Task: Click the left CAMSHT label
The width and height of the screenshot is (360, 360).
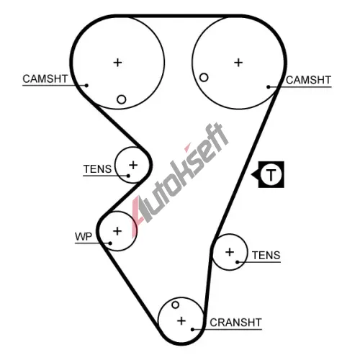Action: tap(45, 78)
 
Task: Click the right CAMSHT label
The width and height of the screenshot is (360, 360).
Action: tap(308, 80)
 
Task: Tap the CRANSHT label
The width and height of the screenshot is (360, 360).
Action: tap(235, 323)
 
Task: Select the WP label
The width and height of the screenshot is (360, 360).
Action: tap(84, 237)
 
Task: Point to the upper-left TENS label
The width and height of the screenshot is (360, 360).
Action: tap(97, 169)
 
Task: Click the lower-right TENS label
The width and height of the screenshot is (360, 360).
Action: tap(266, 255)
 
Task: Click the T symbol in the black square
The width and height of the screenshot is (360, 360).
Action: tap(271, 174)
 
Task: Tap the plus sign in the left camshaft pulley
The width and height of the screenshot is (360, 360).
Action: tap(117, 63)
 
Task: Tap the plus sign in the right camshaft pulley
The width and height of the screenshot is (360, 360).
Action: tap(238, 63)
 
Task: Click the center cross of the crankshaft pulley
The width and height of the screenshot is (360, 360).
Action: tap(181, 321)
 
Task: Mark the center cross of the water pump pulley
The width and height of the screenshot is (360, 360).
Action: tap(117, 231)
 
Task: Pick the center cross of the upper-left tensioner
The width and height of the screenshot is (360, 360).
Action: tap(133, 165)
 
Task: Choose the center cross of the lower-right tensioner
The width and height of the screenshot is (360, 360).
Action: tap(230, 252)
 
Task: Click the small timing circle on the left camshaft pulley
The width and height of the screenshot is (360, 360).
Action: tap(122, 99)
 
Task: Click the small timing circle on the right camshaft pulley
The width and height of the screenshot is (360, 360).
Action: tap(204, 78)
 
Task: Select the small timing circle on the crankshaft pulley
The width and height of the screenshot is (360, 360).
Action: tap(176, 305)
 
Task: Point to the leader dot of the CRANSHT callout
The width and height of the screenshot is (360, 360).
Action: tap(192, 330)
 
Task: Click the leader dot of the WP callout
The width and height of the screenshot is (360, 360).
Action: tap(110, 243)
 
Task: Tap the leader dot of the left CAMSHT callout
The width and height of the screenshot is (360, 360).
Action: tap(86, 85)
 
